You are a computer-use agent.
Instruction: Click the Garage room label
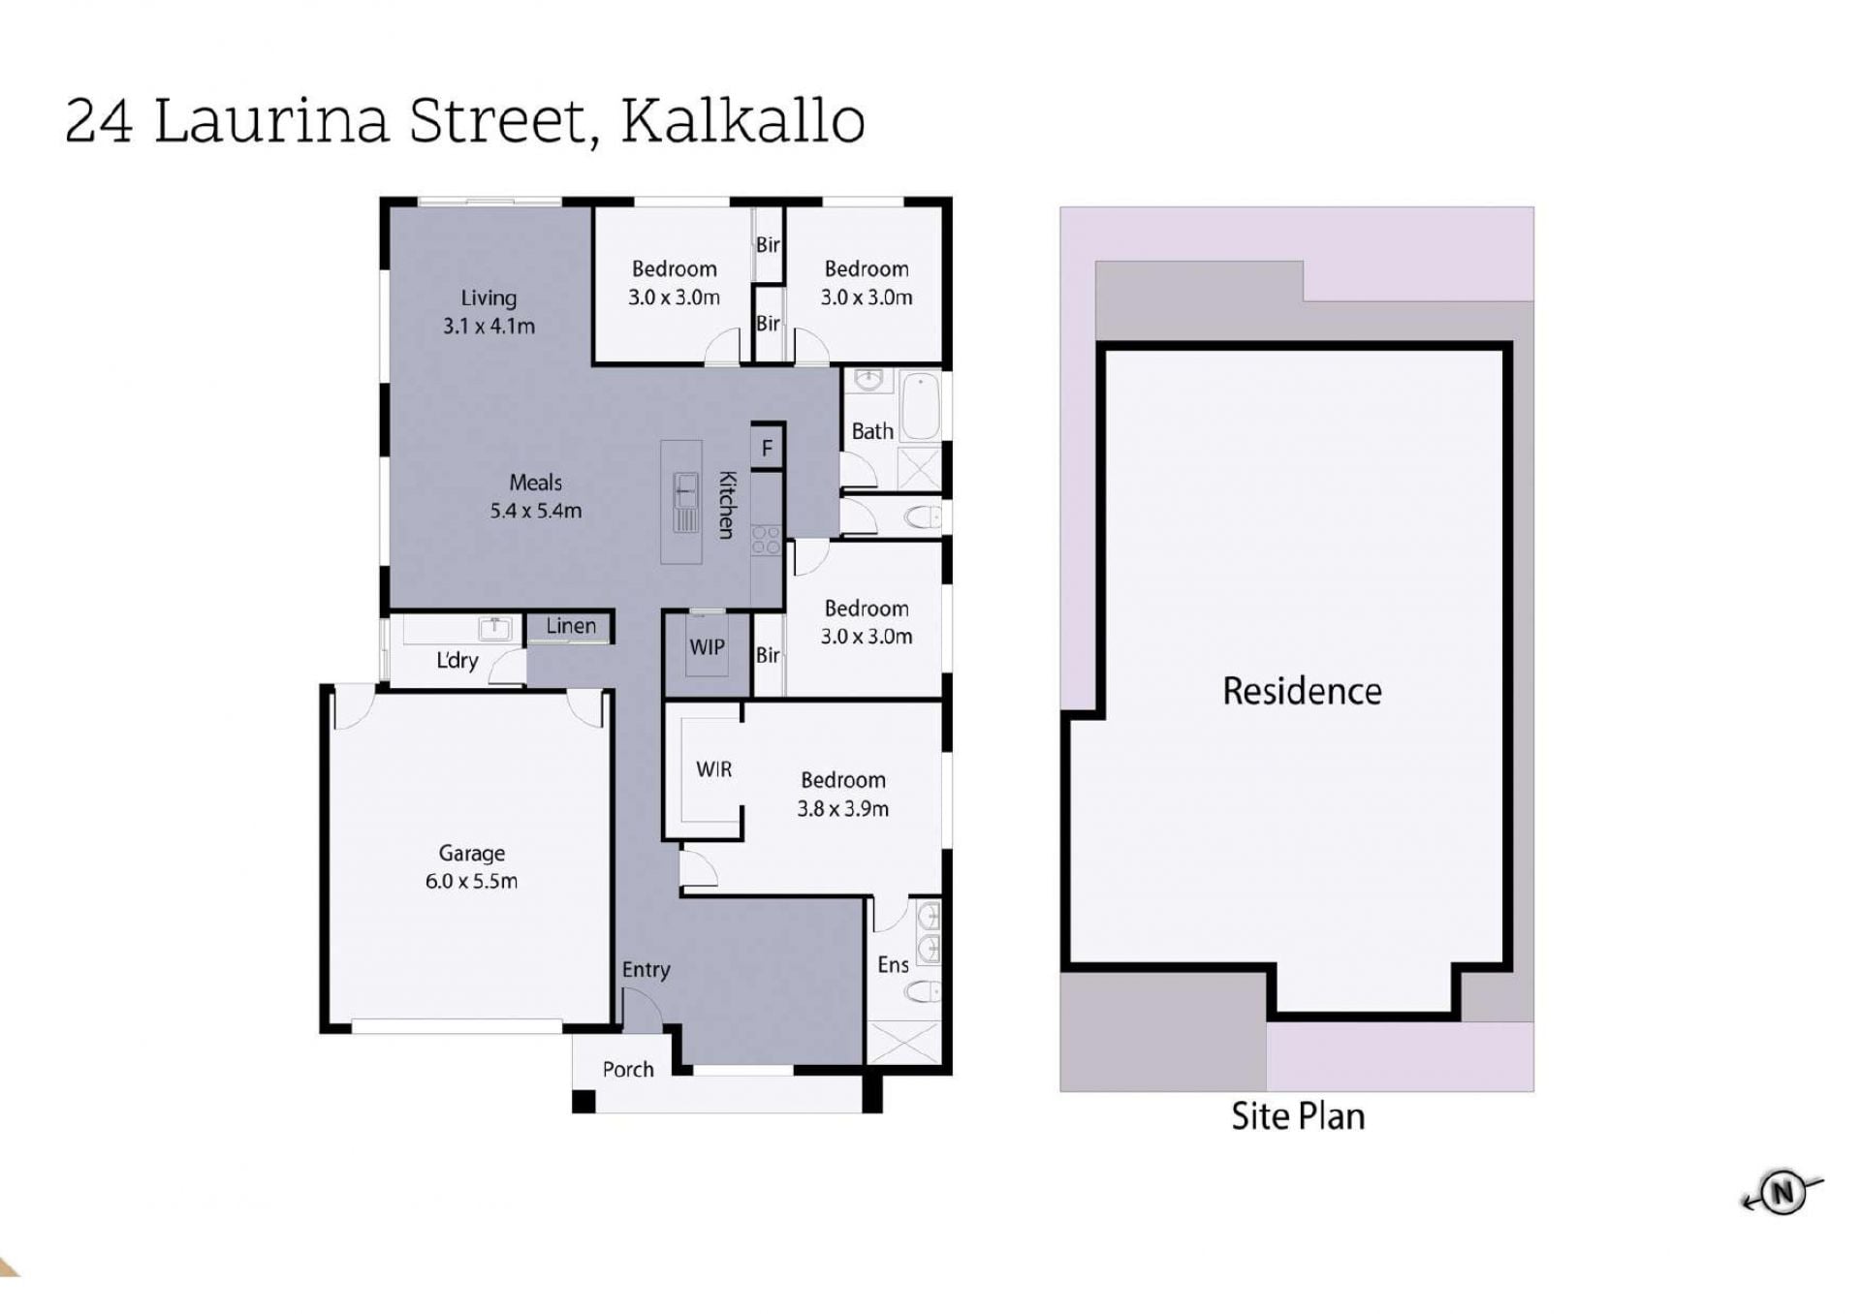click(471, 866)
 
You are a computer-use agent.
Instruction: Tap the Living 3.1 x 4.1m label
click(489, 311)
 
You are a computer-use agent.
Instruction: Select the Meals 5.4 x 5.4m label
click(535, 495)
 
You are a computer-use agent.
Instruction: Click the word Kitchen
click(727, 504)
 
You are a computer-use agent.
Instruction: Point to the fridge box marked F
click(767, 448)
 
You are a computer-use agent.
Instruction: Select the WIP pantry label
click(707, 646)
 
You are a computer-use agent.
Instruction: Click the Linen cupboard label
click(571, 626)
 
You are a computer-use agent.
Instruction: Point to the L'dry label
click(457, 660)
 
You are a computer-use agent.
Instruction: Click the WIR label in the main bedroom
click(713, 769)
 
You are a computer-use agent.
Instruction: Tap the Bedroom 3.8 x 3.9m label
click(842, 794)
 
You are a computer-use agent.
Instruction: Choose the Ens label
click(893, 964)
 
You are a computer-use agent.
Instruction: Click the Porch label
click(628, 1069)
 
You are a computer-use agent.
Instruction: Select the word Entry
click(646, 970)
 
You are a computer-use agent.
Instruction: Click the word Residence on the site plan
click(1302, 691)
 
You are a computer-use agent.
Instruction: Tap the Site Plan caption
click(1298, 1116)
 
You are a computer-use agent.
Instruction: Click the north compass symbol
click(1782, 1193)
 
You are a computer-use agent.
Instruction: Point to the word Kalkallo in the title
click(742, 121)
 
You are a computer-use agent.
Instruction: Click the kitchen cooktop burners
click(766, 540)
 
